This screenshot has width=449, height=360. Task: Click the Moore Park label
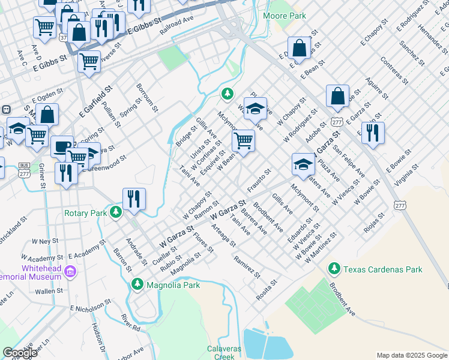point(284,16)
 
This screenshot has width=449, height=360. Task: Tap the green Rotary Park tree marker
point(116,212)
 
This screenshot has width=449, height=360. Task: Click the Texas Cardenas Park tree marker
point(333,269)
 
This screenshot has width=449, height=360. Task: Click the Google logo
point(20,352)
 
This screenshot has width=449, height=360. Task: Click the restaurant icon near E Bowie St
point(373,133)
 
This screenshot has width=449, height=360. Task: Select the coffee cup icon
point(62,146)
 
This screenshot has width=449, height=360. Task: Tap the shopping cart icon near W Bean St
point(244,140)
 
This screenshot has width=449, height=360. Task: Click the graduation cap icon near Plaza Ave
point(303,163)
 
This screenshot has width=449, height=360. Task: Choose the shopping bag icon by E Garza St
point(337,95)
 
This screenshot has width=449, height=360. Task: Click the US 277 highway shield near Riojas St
point(400,205)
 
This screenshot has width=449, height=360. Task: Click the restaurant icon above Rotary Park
point(134,199)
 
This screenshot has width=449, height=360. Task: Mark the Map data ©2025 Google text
point(411,355)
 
